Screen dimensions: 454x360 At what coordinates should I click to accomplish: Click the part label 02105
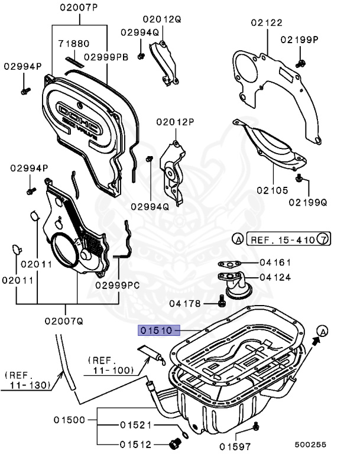(272, 190)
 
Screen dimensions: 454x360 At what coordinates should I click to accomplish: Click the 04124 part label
(275, 276)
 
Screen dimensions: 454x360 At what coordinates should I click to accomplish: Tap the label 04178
(186, 303)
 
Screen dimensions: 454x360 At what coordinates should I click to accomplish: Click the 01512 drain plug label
(136, 445)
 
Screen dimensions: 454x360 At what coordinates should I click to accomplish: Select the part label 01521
(136, 425)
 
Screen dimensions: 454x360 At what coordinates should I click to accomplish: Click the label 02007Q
(63, 320)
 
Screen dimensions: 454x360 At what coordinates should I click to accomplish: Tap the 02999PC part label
(117, 285)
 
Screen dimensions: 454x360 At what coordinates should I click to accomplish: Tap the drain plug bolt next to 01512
(174, 443)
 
